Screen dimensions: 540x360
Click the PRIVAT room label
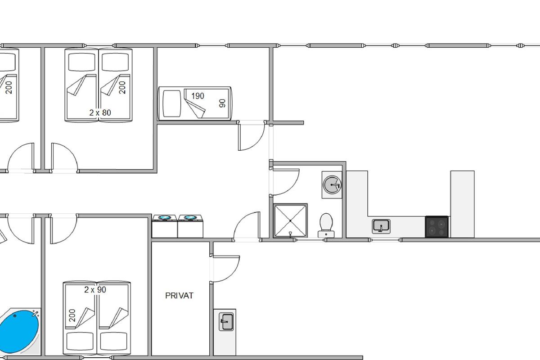click(179, 296)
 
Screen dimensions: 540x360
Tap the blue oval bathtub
click(19, 332)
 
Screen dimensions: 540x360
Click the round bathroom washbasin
click(332, 184)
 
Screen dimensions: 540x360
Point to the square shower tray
click(290, 220)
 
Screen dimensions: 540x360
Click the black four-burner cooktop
click(436, 227)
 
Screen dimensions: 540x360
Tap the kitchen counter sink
click(381, 226)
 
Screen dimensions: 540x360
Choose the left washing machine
click(165, 226)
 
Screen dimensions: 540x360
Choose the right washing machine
click(190, 226)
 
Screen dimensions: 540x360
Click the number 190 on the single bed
click(198, 96)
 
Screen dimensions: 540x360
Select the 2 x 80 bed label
click(100, 112)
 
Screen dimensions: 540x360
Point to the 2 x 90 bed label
click(95, 290)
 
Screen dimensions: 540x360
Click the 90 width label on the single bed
click(222, 103)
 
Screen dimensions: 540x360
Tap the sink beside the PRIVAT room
click(226, 322)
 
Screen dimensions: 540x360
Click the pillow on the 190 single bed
click(171, 103)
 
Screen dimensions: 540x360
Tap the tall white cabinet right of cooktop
click(463, 204)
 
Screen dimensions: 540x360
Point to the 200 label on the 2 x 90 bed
click(72, 315)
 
